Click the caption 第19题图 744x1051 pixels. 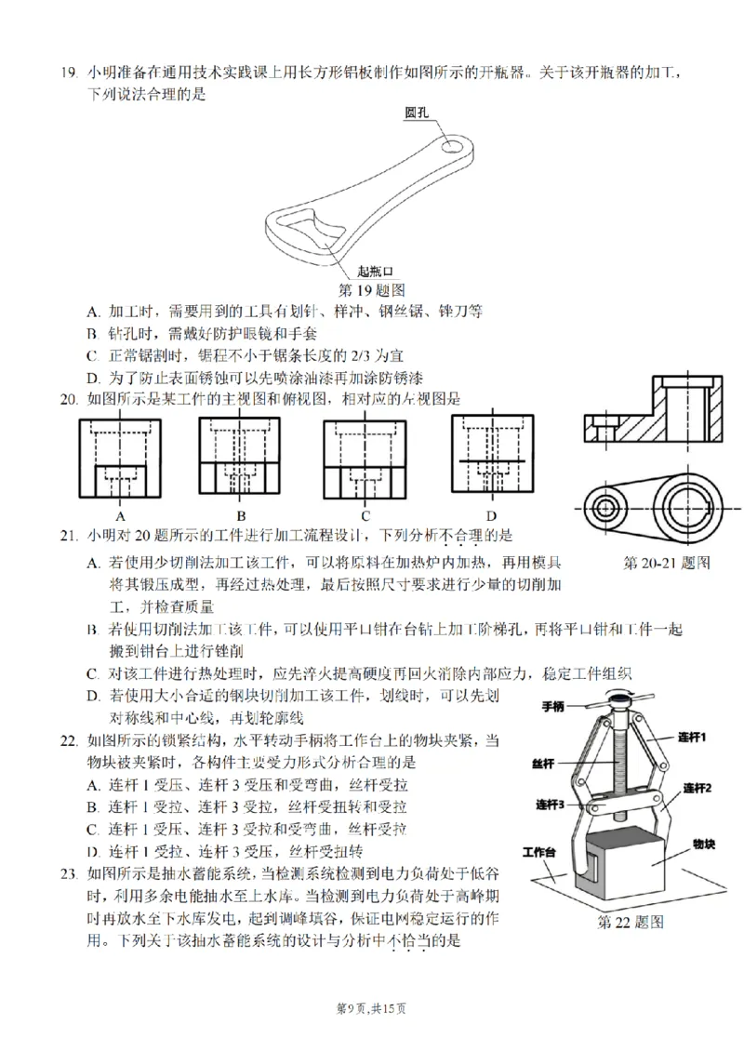click(371, 289)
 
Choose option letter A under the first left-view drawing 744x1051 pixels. click(120, 515)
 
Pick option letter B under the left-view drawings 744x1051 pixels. click(240, 515)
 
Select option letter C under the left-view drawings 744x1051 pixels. click(365, 515)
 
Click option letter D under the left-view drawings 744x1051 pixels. click(490, 515)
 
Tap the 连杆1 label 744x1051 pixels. click(689, 738)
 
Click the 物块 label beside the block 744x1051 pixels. click(703, 844)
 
